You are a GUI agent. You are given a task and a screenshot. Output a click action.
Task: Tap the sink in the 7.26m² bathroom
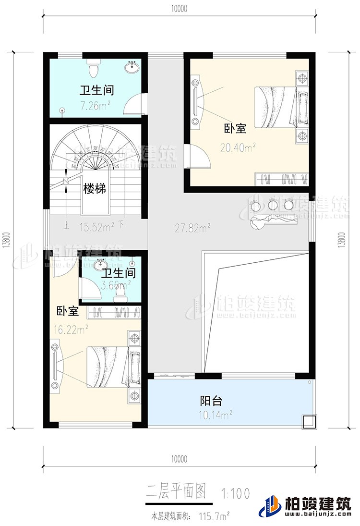coord(131,68)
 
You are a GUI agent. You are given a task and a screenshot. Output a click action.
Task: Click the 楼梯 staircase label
coord(94,189)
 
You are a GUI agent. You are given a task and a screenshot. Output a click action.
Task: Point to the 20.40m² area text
coord(237,148)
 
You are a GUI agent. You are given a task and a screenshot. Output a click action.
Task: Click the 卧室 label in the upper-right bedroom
coord(235,129)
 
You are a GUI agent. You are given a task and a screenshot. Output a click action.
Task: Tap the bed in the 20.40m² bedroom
coord(276,107)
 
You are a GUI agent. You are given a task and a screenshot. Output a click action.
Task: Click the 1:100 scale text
coord(236,493)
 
